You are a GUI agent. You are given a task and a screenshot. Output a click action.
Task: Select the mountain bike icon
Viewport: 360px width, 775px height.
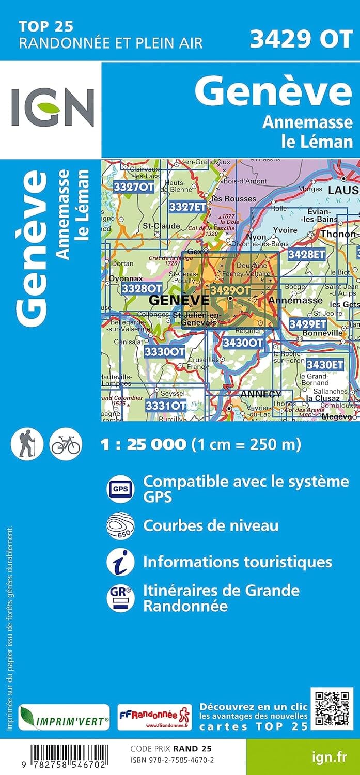[x=66, y=444]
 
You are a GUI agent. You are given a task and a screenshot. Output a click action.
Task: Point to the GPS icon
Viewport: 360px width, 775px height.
[x=120, y=488]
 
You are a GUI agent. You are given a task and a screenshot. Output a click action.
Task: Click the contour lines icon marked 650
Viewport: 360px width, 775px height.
[x=120, y=525]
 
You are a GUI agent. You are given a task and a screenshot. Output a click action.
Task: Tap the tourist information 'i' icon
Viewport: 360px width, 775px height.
[x=120, y=562]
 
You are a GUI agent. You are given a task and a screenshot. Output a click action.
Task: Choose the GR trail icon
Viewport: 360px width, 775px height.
[x=120, y=598]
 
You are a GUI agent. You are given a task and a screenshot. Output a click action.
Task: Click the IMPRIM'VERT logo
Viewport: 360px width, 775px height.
[x=64, y=718]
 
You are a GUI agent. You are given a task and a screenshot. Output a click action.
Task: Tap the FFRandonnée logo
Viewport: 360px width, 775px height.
[x=154, y=718]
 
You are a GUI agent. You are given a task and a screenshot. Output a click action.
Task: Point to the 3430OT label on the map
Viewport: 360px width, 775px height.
[x=243, y=343]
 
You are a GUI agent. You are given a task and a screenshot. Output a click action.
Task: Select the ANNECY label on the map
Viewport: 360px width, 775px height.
[x=261, y=394]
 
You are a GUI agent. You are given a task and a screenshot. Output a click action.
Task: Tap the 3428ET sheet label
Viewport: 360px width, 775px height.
[x=306, y=254]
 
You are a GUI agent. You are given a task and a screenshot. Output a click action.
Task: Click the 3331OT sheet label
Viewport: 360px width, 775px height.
[x=165, y=406]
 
